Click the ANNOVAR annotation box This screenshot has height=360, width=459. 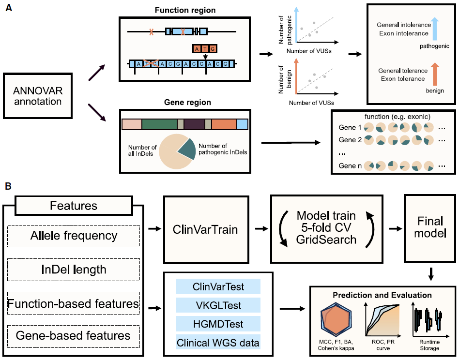pos(38,95)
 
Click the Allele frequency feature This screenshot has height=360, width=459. pos(74,236)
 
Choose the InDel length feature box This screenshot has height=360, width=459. pos(74,270)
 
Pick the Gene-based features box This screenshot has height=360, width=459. pos(74,335)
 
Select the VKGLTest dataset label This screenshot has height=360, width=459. pos(218,305)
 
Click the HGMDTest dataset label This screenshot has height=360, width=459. pos(218,324)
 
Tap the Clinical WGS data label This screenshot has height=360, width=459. pos(218,343)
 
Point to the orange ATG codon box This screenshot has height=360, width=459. pos(204,48)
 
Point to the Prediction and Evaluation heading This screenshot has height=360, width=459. pos(382,295)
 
